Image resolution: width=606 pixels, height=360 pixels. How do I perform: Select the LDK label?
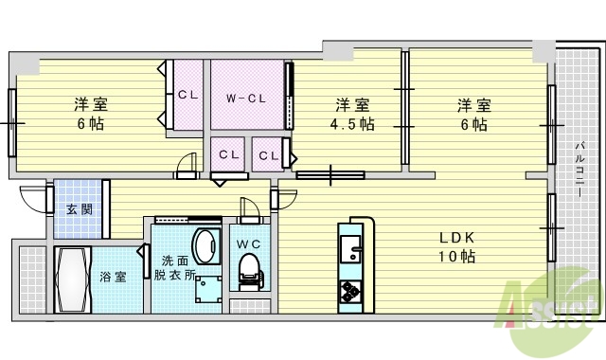coord(454,237)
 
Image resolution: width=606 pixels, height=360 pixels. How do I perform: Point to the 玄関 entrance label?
coord(79,209)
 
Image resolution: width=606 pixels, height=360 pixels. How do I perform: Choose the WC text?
coord(247,243)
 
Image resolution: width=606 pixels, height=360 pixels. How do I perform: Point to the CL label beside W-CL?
coord(187,95)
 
